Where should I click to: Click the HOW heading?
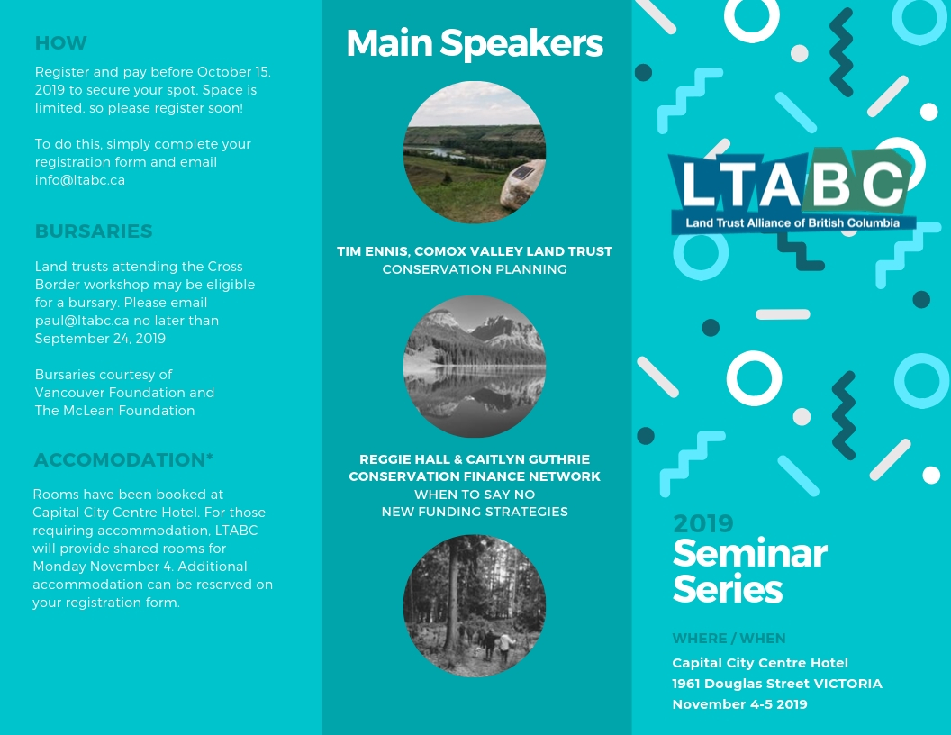60,43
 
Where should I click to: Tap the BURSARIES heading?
94,231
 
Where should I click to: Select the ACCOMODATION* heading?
123,459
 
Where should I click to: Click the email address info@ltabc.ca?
80,180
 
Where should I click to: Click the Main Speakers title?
475,43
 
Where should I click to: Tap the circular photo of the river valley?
475,152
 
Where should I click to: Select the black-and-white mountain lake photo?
475,367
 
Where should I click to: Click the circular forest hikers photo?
475,605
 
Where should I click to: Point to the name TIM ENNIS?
372,251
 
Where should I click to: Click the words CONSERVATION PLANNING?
475,269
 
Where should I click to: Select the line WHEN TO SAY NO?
475,495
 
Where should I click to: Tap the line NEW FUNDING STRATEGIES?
475,512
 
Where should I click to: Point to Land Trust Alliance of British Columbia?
792,222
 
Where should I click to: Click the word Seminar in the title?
750,553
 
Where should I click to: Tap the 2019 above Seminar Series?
703,523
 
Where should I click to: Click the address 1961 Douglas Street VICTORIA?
777,684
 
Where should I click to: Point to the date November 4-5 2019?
740,704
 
